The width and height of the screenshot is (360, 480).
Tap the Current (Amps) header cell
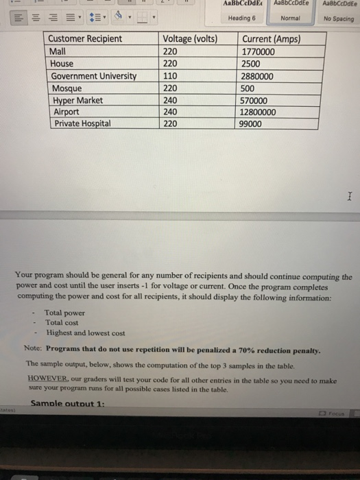click(x=272, y=38)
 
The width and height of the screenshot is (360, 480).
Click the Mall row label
click(x=59, y=51)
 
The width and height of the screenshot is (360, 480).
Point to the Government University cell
click(x=94, y=75)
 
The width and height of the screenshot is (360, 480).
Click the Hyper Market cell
click(x=77, y=100)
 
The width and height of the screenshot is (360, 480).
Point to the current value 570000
click(x=259, y=100)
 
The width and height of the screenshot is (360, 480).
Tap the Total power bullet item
click(x=64, y=312)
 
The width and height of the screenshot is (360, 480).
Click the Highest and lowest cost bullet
click(x=85, y=333)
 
